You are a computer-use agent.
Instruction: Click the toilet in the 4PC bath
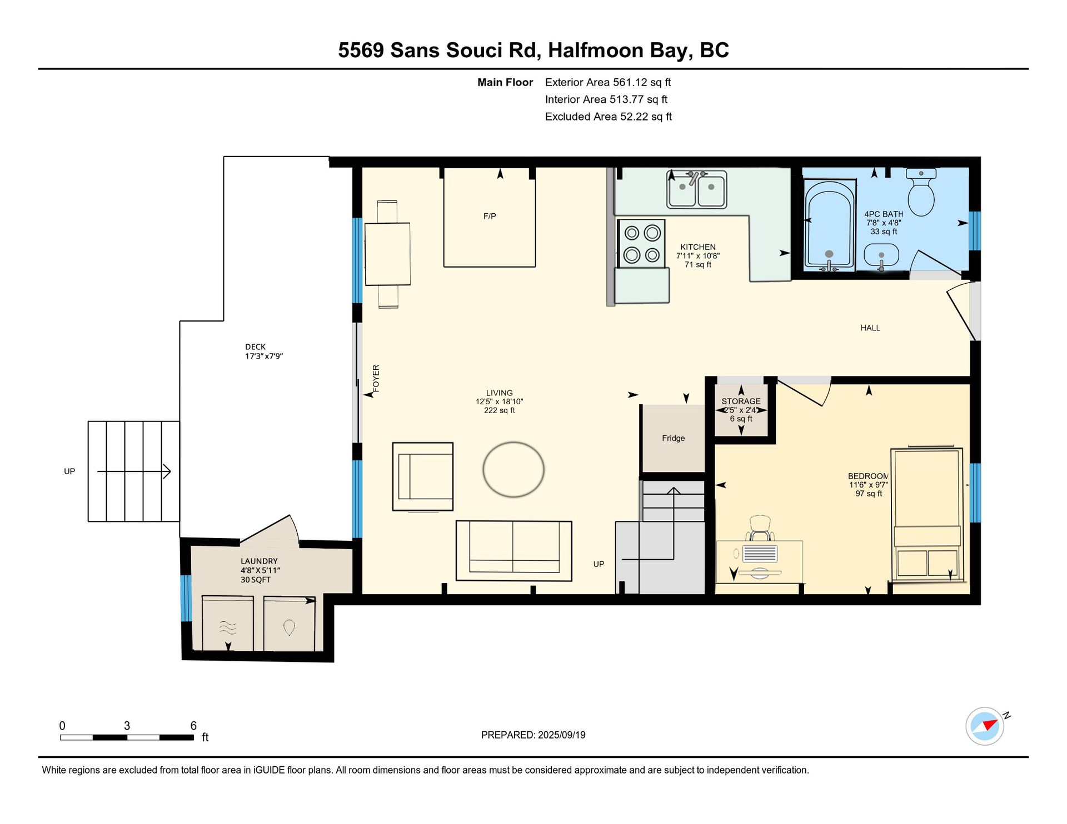pyautogui.click(x=921, y=192)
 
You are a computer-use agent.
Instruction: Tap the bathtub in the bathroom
pyautogui.click(x=829, y=225)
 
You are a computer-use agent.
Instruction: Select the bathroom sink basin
pyautogui.click(x=881, y=257)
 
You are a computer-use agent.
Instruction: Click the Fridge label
pyautogui.click(x=673, y=438)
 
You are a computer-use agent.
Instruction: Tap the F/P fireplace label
pyautogui.click(x=490, y=216)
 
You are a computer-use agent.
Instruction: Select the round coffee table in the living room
pyautogui.click(x=513, y=469)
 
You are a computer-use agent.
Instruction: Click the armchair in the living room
pyautogui.click(x=423, y=476)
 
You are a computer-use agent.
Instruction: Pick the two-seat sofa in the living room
pyautogui.click(x=514, y=551)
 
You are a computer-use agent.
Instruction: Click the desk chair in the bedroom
pyautogui.click(x=760, y=528)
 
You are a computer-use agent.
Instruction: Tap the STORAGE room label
pyautogui.click(x=741, y=401)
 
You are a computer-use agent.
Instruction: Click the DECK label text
pyautogui.click(x=256, y=346)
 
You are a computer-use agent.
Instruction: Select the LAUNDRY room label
pyautogui.click(x=259, y=561)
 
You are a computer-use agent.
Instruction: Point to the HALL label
pyautogui.click(x=870, y=328)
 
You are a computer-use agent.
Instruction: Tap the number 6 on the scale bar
pyautogui.click(x=193, y=725)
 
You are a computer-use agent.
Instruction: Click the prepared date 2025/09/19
pyautogui.click(x=561, y=735)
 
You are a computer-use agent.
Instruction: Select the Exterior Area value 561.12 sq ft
pyautogui.click(x=642, y=82)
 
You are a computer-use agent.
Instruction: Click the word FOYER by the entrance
pyautogui.click(x=376, y=379)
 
